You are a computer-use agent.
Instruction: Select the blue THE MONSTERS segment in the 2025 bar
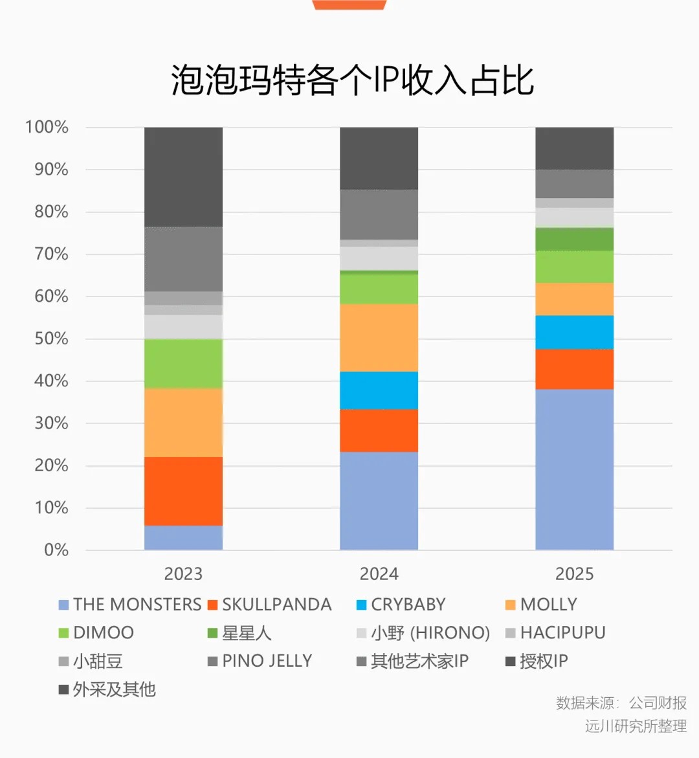(574, 469)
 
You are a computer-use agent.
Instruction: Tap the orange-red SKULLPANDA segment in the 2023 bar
(183, 491)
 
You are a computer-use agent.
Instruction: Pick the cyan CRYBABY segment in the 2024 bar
(379, 390)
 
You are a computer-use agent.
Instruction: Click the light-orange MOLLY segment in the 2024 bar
(379, 337)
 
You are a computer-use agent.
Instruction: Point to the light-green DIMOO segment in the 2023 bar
(183, 363)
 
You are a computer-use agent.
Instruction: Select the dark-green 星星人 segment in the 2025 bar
(574, 240)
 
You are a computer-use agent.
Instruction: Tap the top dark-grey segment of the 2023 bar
(183, 177)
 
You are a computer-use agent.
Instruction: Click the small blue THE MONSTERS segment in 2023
(183, 537)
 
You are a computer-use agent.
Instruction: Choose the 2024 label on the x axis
(379, 574)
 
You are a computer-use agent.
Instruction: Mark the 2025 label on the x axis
(574, 574)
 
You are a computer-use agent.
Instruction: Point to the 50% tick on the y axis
(51, 339)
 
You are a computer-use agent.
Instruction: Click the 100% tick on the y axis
(47, 127)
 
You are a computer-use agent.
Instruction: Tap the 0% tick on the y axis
(56, 550)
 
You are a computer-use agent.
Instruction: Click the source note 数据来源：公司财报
(621, 703)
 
